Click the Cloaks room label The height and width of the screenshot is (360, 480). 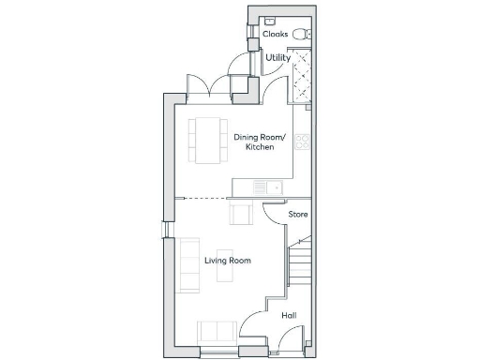(275, 34)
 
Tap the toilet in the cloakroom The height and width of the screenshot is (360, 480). (300, 34)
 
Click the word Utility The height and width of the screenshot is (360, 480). (277, 58)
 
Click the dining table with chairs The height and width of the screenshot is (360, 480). (206, 140)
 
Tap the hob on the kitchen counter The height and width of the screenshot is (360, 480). (302, 142)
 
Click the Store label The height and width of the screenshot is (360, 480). (298, 215)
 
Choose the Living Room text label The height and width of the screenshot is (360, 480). (228, 260)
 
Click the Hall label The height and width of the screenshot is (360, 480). (289, 315)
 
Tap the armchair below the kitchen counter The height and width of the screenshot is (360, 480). (241, 215)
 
